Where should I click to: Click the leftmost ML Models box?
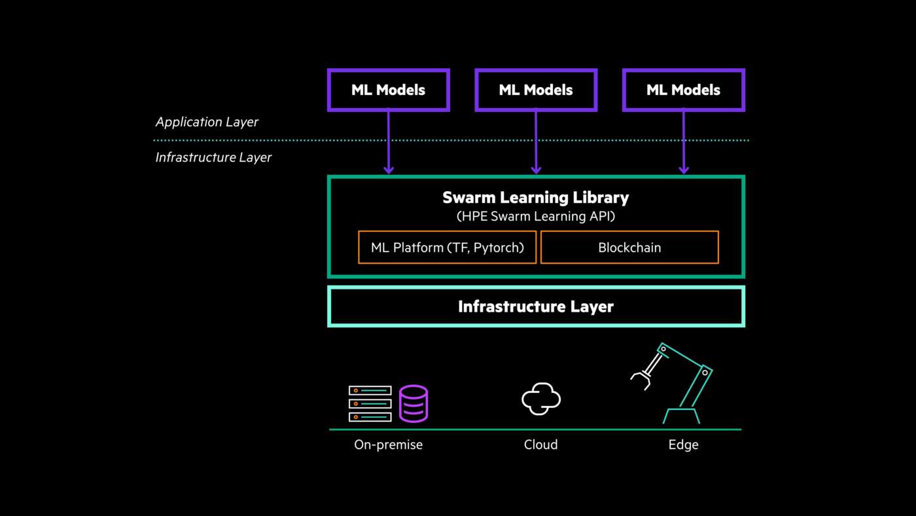(388, 90)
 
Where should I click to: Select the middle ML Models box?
(536, 90)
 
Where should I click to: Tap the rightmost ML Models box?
(683, 90)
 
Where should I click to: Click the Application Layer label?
(207, 122)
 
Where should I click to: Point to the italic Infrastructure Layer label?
(213, 158)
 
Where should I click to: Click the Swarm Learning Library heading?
(535, 197)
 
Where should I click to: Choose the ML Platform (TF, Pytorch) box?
(447, 248)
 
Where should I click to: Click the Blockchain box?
(629, 248)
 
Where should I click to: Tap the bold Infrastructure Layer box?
(535, 306)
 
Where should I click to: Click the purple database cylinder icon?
(414, 403)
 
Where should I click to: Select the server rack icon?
(370, 403)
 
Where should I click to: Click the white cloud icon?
(541, 399)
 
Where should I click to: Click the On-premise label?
(388, 445)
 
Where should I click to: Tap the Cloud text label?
(540, 445)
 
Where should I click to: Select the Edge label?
(683, 445)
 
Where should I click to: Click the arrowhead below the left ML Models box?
(389, 170)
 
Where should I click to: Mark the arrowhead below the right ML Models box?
(684, 170)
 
